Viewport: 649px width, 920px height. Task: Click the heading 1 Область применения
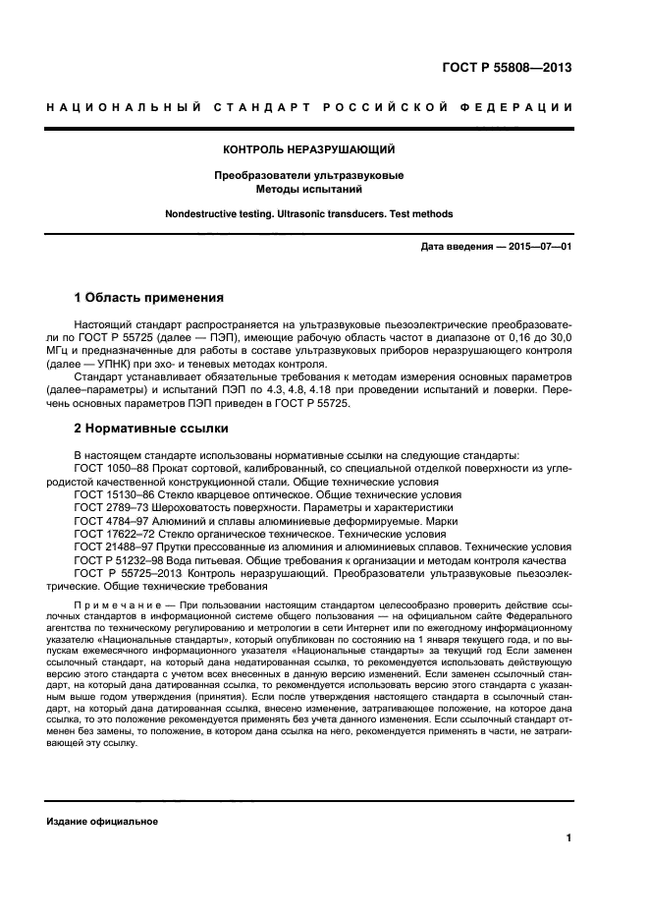[x=149, y=297]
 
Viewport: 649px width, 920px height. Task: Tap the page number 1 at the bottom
[x=568, y=837]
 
